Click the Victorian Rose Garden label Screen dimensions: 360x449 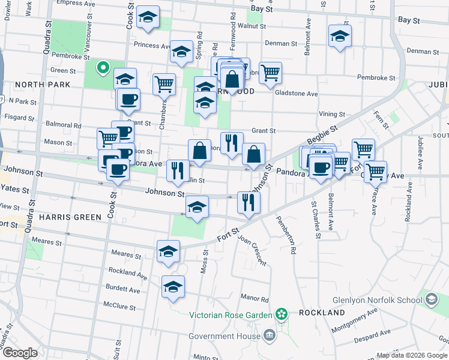pyautogui.click(x=231, y=314)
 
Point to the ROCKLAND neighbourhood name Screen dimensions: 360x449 pyautogui.click(x=321, y=313)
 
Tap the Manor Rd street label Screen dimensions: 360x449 pyautogui.click(x=255, y=298)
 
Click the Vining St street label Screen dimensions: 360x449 pyautogui.click(x=332, y=114)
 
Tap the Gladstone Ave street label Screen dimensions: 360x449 pyautogui.click(x=296, y=94)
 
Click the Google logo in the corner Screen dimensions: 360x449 pyautogui.click(x=20, y=353)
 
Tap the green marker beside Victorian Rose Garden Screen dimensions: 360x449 pyautogui.click(x=281, y=314)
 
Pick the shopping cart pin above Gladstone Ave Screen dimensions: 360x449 pyautogui.click(x=271, y=73)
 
